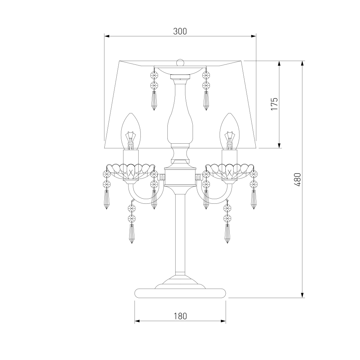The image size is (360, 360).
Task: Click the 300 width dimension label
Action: [x=180, y=31]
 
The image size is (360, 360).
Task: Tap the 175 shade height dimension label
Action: [x=274, y=104]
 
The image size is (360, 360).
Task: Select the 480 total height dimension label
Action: [x=297, y=179]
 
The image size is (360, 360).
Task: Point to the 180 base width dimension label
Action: [x=180, y=316]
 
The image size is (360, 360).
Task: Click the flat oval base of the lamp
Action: [x=180, y=293]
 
